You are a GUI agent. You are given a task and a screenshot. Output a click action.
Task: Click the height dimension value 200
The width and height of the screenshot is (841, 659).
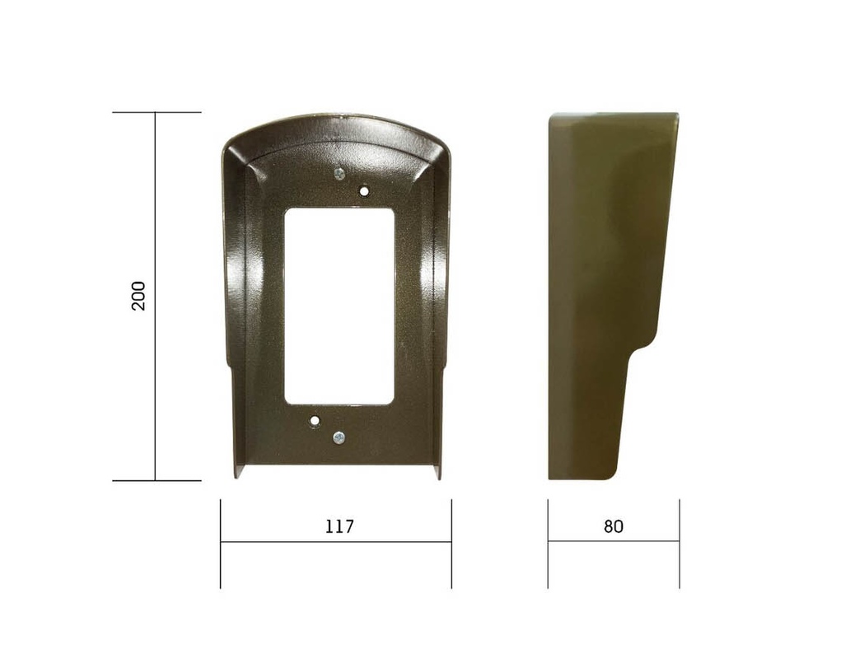[x=138, y=296]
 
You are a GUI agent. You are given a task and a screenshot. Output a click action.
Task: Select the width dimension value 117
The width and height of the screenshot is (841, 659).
[x=339, y=526]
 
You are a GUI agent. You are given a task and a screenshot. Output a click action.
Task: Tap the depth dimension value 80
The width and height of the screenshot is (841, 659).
[x=613, y=526]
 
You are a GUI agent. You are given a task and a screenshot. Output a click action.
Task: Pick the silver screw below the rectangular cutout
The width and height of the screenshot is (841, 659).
[x=339, y=438]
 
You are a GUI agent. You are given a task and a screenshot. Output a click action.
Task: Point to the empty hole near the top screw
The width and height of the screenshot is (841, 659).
[x=363, y=191]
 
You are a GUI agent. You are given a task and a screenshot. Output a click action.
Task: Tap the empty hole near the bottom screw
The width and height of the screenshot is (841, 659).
[x=315, y=420]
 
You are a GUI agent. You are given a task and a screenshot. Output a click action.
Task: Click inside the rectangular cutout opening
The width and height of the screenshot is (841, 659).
[x=339, y=306]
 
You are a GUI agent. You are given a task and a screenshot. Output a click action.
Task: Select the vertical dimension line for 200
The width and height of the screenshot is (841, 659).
[x=155, y=297]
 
